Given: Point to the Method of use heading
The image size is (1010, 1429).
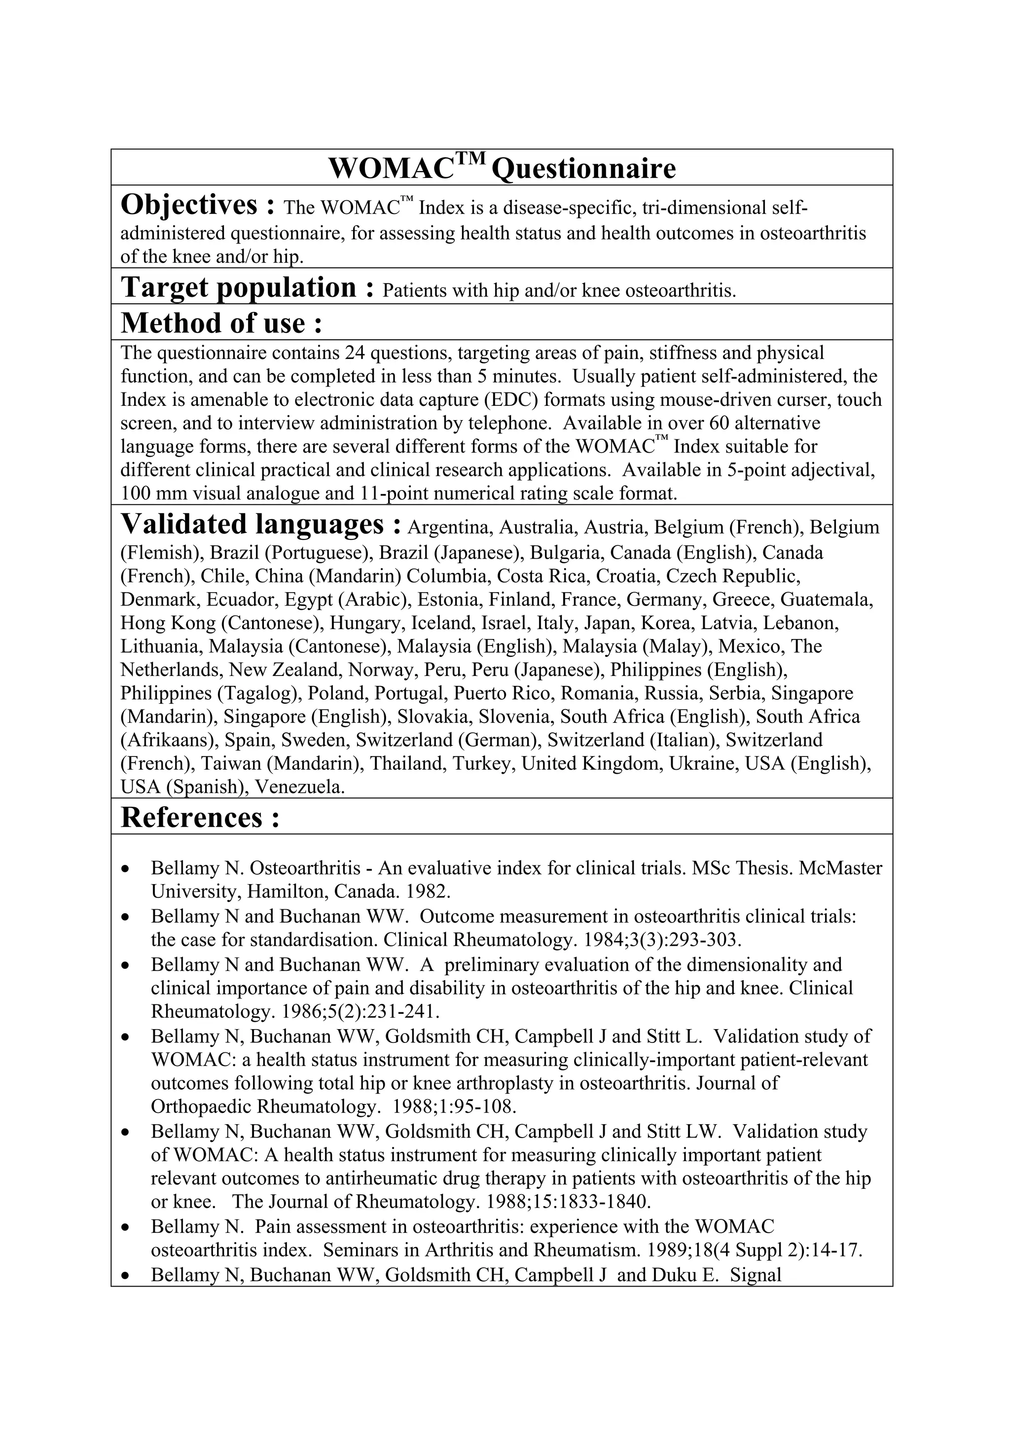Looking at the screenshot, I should (221, 323).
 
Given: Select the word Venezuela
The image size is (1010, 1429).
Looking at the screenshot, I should (300, 787).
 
